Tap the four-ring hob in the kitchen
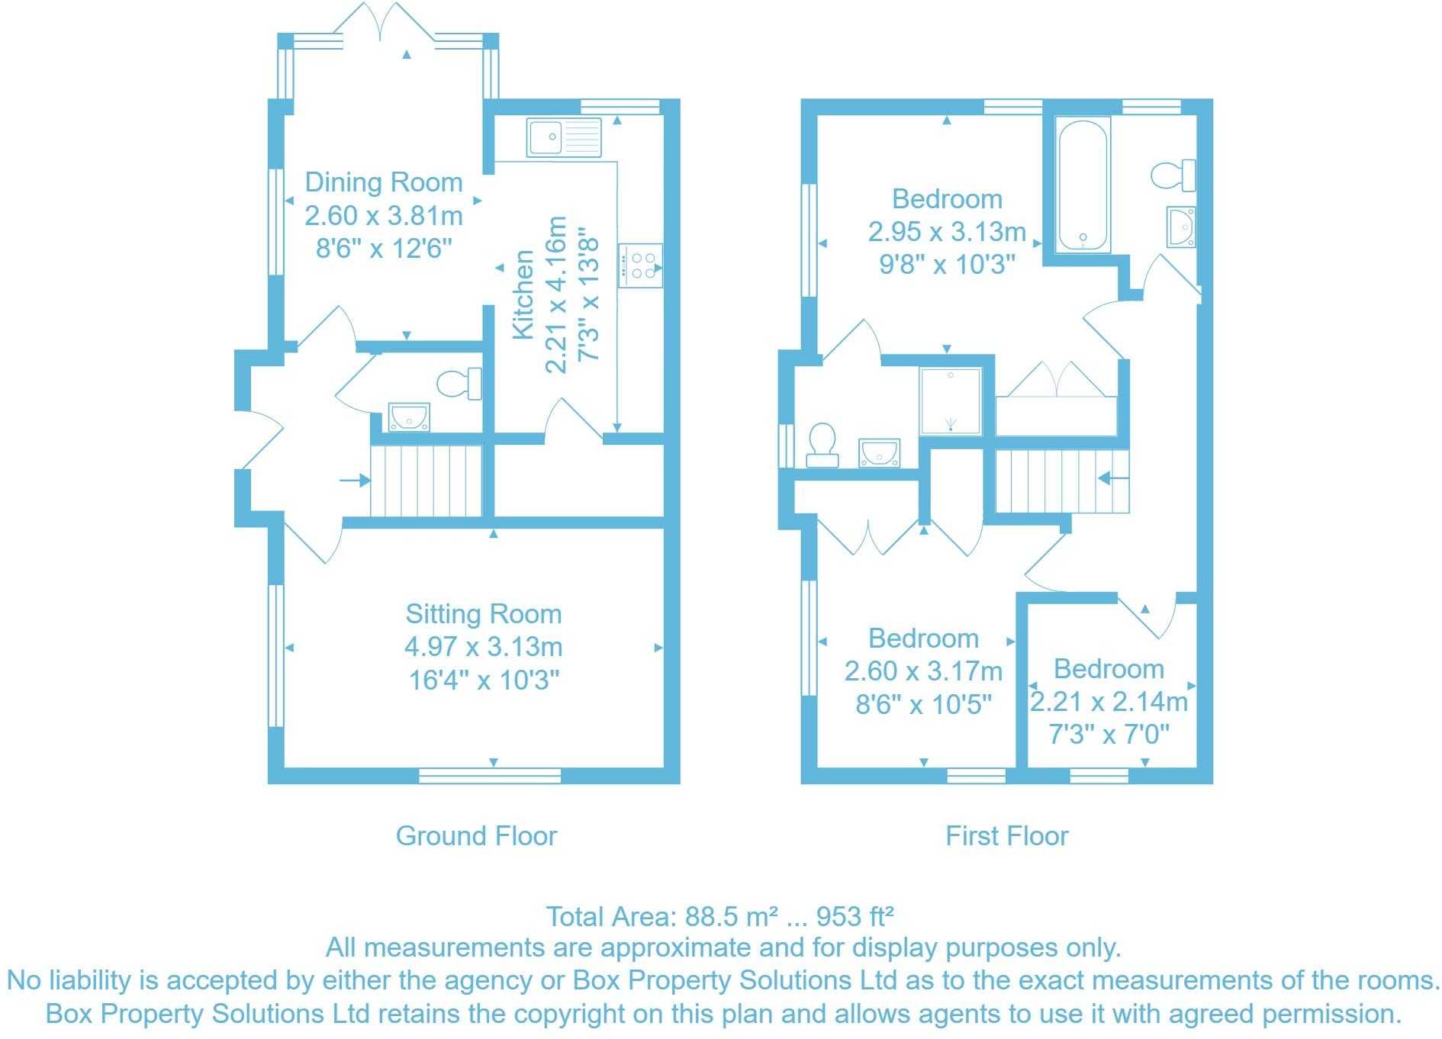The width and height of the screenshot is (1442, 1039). (x=640, y=265)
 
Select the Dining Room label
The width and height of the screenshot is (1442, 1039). (x=384, y=182)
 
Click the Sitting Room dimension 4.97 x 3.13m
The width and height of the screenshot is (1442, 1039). (x=483, y=647)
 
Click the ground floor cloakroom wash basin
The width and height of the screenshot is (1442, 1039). (x=409, y=417)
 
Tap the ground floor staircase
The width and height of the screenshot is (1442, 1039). (x=426, y=481)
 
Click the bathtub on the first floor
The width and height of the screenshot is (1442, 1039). (x=1082, y=184)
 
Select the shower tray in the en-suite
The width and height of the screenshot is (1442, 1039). (x=950, y=401)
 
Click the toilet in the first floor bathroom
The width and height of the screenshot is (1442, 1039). (x=1173, y=175)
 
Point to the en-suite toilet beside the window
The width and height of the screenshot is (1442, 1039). (x=822, y=445)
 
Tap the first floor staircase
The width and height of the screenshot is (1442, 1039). (x=1061, y=481)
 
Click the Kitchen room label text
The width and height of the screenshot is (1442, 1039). (x=523, y=294)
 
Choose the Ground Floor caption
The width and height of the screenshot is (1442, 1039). (x=476, y=836)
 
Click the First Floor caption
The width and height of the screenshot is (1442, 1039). (x=1006, y=836)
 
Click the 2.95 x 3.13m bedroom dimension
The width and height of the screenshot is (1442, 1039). (x=946, y=232)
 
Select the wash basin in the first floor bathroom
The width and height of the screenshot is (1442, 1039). (x=1181, y=227)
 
